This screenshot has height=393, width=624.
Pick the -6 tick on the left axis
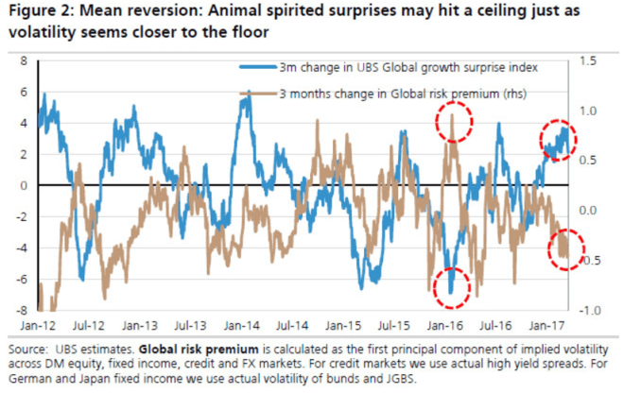[19, 279]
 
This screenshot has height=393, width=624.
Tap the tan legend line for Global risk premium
[260, 94]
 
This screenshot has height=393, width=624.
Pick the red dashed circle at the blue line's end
[557, 140]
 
